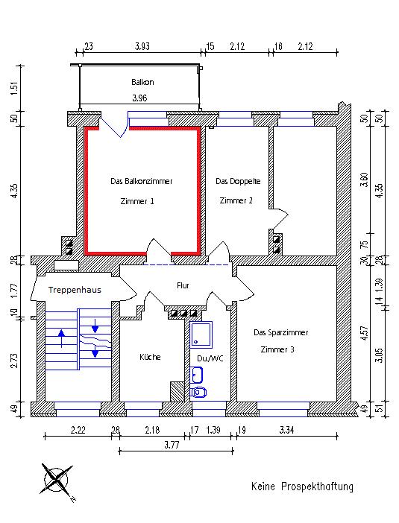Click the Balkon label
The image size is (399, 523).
pos(142,82)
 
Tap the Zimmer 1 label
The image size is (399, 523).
pos(137,201)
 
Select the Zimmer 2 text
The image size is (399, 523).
pos(236,201)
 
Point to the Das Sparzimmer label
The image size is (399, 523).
pos(281,332)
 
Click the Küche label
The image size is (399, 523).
pos(150,357)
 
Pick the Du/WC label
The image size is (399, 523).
pos(210,358)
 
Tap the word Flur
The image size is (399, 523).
pos(183,285)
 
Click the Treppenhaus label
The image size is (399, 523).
pos(75,290)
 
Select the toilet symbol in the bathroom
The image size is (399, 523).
pos(198,393)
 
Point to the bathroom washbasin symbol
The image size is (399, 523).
pos(197,375)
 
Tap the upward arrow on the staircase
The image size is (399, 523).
pos(61,338)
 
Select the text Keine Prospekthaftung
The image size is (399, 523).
pos(302,486)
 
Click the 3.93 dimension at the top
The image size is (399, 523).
pos(142,46)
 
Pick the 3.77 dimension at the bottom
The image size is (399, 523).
pos(172,445)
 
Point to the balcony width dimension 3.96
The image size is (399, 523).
pos(139,98)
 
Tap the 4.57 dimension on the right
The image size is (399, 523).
pos(365,333)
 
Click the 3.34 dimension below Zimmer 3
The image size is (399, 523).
pos(286,431)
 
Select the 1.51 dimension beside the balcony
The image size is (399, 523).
pos(14,88)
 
